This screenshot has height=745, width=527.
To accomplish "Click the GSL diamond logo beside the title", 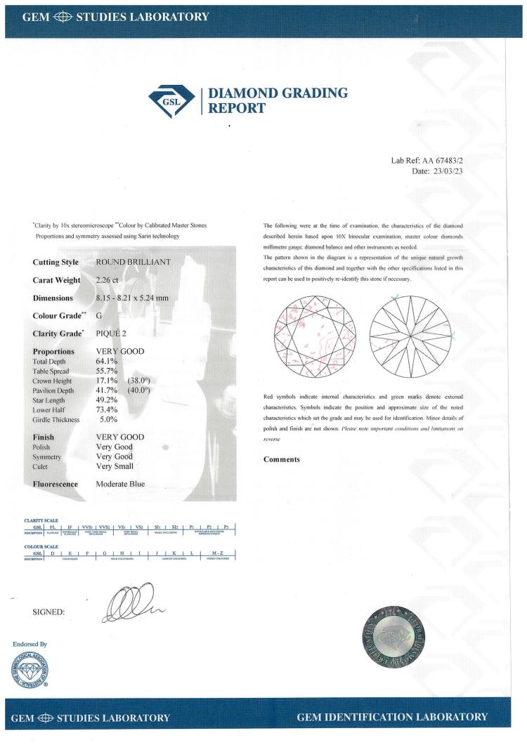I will (x=174, y=101).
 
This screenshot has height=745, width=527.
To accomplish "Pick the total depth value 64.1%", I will (x=106, y=361).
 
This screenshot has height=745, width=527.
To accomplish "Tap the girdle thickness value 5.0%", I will (x=109, y=419).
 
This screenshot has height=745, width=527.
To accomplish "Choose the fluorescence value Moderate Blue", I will (x=124, y=484).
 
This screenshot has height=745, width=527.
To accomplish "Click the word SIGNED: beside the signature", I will (x=49, y=612).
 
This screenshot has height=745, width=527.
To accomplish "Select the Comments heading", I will (x=282, y=460).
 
